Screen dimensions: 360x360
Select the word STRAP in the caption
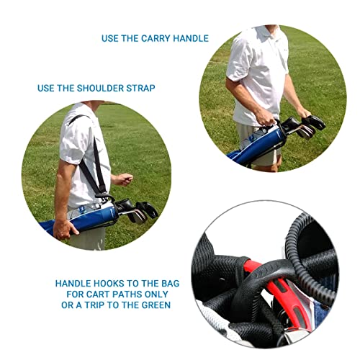click(x=140, y=88)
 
